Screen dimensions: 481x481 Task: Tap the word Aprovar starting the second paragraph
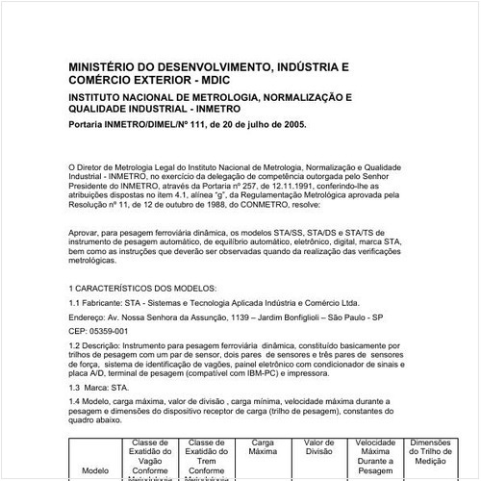(87, 231)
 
